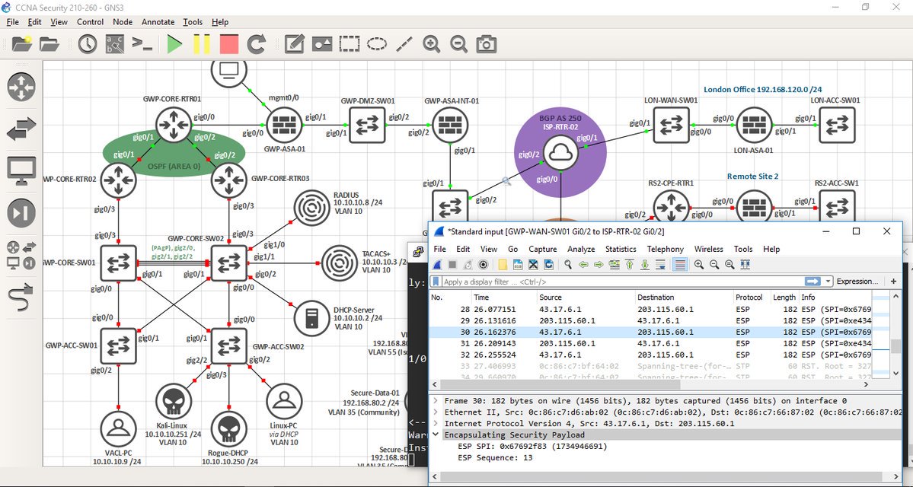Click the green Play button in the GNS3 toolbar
coord(174,44)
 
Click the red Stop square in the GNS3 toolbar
coord(228,44)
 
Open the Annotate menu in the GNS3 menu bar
coord(158,22)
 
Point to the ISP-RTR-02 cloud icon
coord(560,154)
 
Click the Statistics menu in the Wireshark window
coord(620,249)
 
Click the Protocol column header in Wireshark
coord(749,297)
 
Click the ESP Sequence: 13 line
coord(495,458)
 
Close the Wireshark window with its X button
coord(886,231)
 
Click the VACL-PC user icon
coord(118,430)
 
